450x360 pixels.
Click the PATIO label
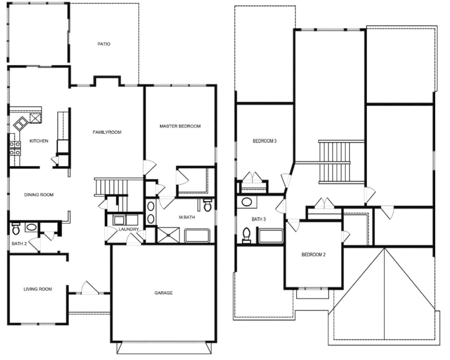(x=104, y=44)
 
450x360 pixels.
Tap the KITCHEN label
(x=39, y=141)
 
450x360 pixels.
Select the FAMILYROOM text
(x=107, y=132)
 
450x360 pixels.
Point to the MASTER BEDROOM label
(x=180, y=126)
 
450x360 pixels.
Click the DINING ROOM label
(x=39, y=195)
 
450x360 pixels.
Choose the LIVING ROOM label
(x=38, y=289)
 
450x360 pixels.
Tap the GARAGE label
(x=163, y=293)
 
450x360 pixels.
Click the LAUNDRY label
(x=128, y=229)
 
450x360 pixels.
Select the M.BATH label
(x=187, y=217)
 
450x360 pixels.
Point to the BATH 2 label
(x=19, y=244)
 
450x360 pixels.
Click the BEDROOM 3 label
(x=264, y=141)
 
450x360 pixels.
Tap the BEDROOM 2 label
(x=313, y=255)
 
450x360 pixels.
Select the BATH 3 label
(x=258, y=219)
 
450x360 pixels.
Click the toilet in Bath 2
(x=16, y=229)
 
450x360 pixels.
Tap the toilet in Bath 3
(x=247, y=235)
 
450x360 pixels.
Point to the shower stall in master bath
(x=168, y=235)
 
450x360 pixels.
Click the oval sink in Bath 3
(x=247, y=202)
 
